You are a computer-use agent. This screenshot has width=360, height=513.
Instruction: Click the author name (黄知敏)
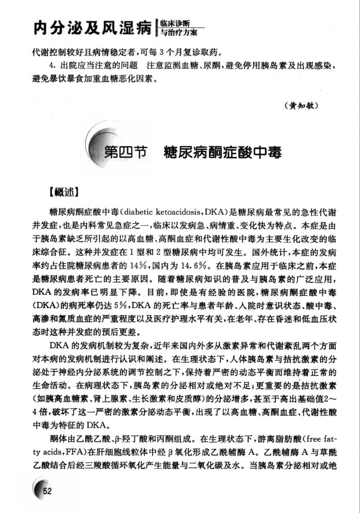click(301, 106)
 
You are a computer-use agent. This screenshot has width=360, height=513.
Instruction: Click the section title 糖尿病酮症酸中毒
click(223, 153)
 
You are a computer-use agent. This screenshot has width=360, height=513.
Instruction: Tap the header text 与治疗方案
click(177, 33)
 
